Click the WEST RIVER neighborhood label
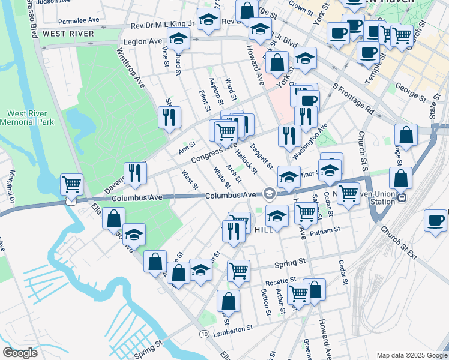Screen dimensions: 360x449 pyautogui.click(x=68, y=34)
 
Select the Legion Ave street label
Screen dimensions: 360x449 pyautogui.click(x=142, y=42)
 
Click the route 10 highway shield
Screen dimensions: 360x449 pyautogui.click(x=205, y=333)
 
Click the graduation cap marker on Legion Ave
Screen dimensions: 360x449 pyautogui.click(x=178, y=40)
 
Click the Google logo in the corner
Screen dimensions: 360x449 pyautogui.click(x=20, y=353)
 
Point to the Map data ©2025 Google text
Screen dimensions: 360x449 pyautogui.click(x=411, y=355)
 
